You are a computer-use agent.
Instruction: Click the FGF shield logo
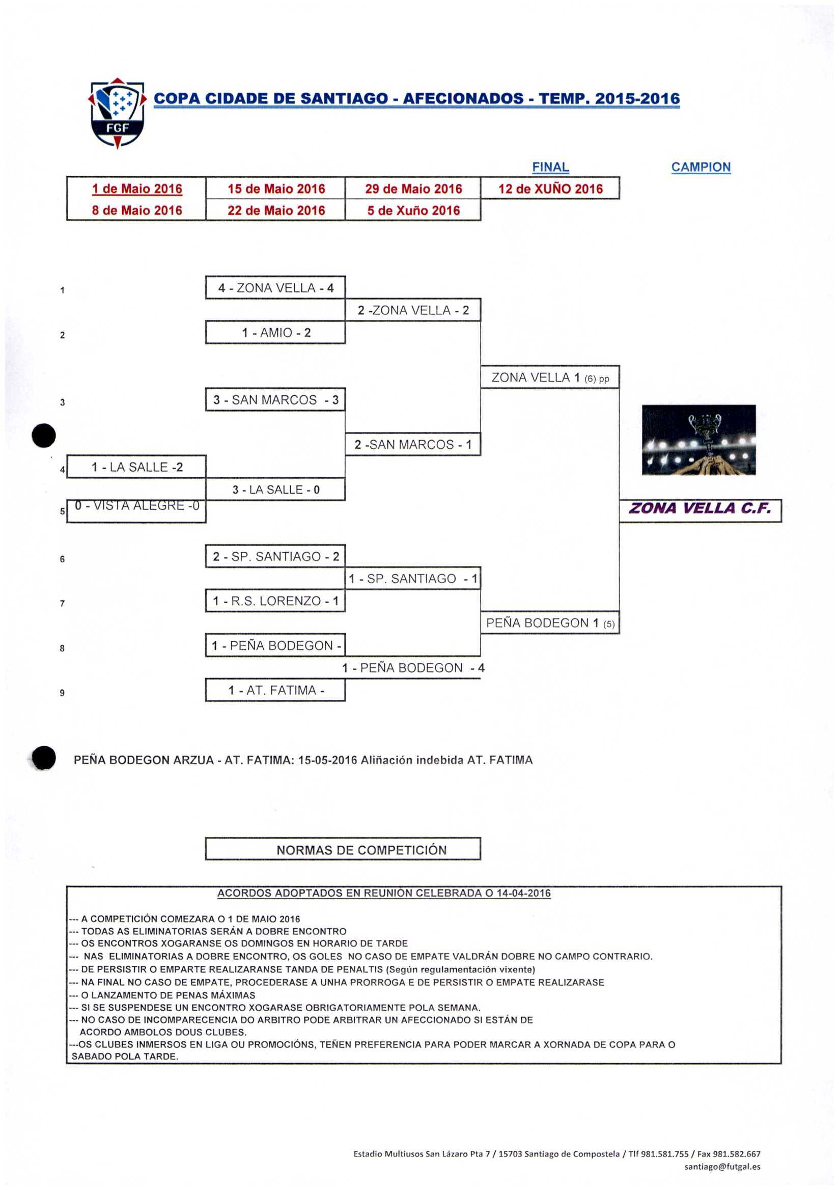(x=118, y=113)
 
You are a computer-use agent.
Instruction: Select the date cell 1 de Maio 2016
(x=137, y=188)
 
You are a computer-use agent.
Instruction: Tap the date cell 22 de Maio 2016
(x=276, y=210)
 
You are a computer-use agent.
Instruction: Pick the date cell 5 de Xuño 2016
(x=413, y=210)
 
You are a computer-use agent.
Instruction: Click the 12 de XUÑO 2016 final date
(x=550, y=188)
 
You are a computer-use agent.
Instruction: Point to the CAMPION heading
(x=701, y=167)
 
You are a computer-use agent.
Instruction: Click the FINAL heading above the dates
(x=550, y=167)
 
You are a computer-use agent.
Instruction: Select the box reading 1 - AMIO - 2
(x=275, y=333)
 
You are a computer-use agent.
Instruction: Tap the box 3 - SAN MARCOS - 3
(x=275, y=399)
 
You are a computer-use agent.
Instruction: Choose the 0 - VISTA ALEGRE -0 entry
(x=137, y=506)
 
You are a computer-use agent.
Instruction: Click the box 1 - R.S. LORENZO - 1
(x=275, y=601)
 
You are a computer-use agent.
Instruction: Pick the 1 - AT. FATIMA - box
(x=275, y=690)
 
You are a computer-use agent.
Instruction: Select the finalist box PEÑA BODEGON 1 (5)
(x=550, y=623)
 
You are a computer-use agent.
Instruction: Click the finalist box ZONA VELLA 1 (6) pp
(x=550, y=377)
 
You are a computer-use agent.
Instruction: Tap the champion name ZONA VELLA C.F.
(x=700, y=508)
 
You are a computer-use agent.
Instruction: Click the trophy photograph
(x=698, y=440)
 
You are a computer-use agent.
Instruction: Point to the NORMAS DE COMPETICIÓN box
(x=361, y=850)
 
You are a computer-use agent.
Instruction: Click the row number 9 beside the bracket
(x=62, y=693)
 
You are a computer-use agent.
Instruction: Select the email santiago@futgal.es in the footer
(x=722, y=1167)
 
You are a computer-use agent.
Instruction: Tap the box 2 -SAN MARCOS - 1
(x=413, y=445)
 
